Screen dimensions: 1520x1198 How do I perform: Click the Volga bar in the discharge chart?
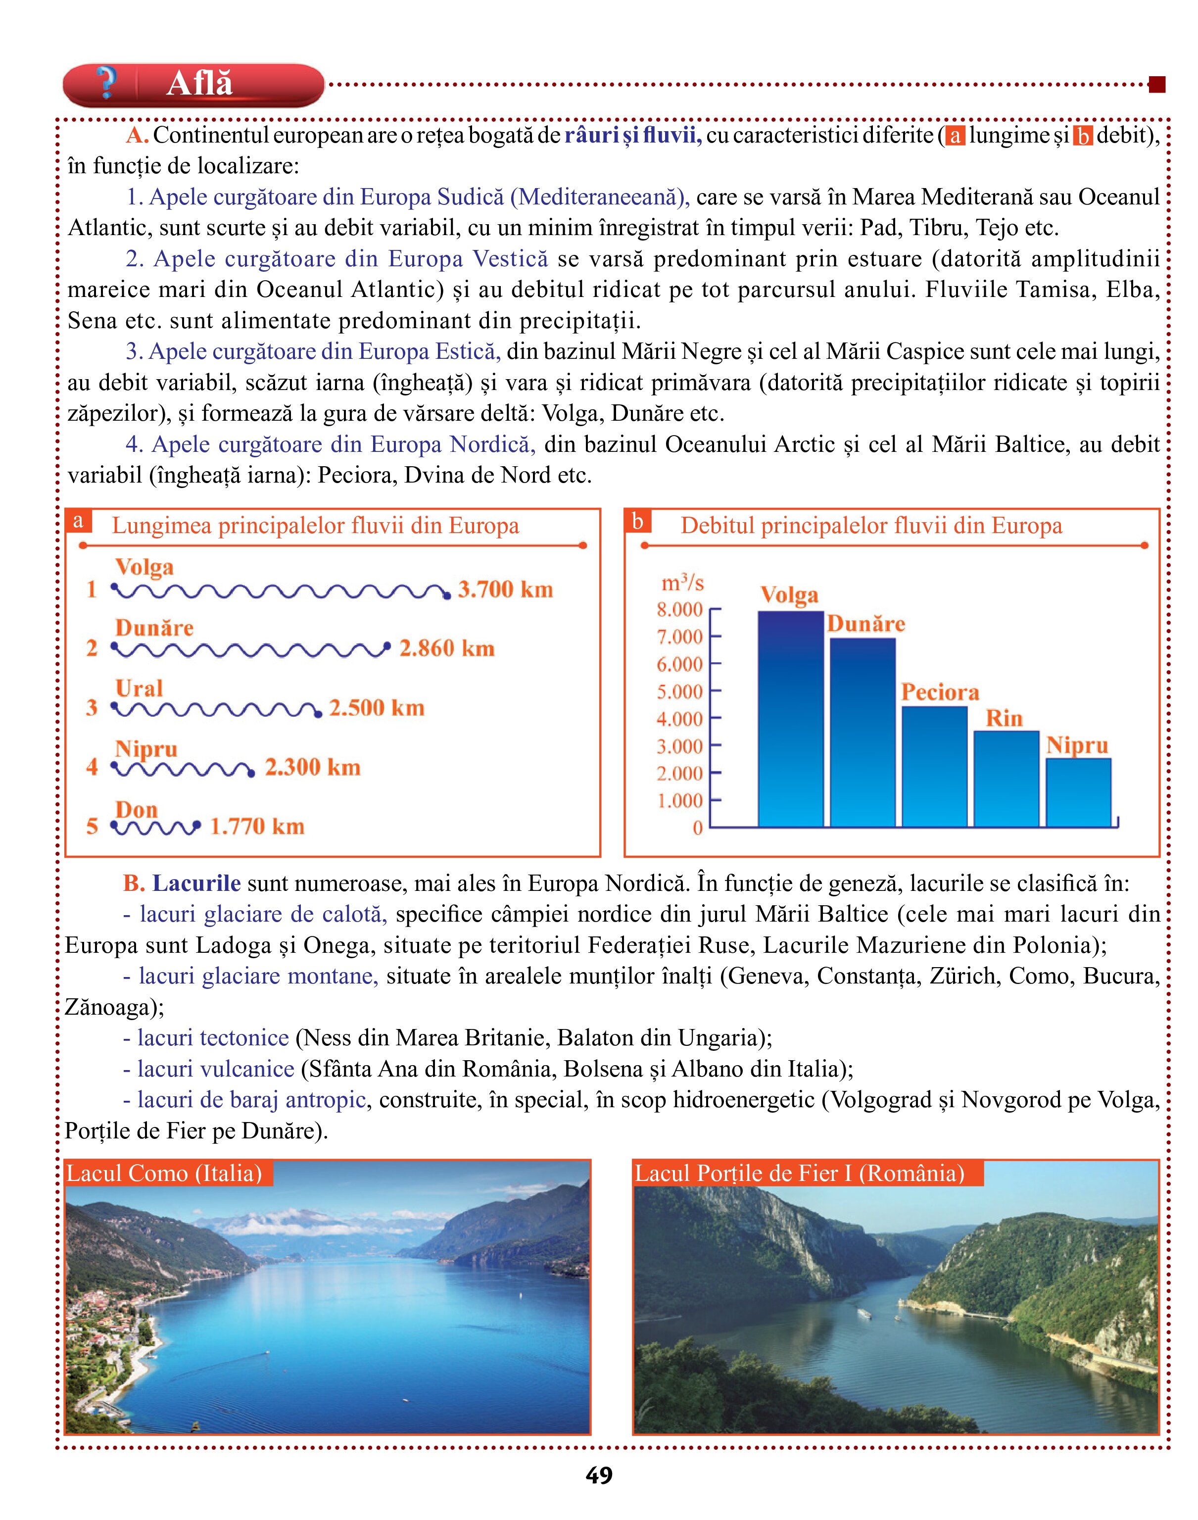tap(790, 719)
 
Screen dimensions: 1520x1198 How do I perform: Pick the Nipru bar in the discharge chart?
tap(1079, 792)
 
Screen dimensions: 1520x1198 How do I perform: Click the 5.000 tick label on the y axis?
tap(680, 691)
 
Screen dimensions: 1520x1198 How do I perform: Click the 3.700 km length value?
tap(506, 589)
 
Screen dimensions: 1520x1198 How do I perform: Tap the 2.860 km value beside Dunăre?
tap(447, 648)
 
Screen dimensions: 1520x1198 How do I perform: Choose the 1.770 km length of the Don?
tap(257, 826)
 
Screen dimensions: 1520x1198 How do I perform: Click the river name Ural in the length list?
tap(139, 688)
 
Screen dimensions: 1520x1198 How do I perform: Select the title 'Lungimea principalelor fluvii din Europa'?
tap(316, 526)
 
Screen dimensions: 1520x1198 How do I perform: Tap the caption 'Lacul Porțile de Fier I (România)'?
tap(800, 1173)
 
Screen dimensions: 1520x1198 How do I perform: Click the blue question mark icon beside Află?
tap(106, 83)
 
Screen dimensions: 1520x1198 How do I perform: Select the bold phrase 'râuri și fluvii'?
tap(633, 135)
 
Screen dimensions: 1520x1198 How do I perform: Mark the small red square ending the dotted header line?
tap(1156, 85)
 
